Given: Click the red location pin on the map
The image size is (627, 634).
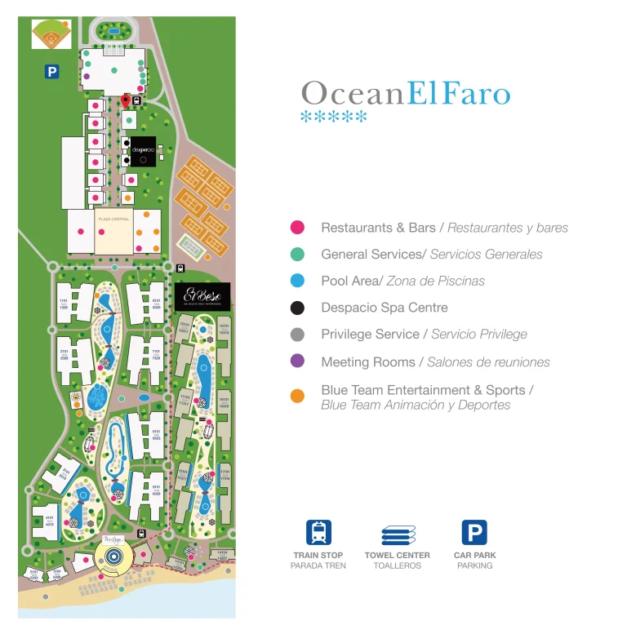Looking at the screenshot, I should (125, 100).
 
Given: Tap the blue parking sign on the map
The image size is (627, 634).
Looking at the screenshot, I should (52, 72).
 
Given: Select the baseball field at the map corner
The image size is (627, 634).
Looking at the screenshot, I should (51, 35).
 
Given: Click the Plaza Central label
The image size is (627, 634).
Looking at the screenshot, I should (113, 219).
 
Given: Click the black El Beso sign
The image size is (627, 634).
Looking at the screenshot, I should (202, 296).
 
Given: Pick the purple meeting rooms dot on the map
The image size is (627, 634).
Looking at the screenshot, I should (87, 77).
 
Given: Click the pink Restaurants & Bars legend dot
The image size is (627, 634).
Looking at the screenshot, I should (297, 228).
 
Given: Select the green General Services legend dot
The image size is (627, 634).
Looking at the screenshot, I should (297, 255).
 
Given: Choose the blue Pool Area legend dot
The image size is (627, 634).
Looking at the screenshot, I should (297, 281).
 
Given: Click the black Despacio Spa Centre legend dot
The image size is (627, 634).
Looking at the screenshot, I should (297, 308).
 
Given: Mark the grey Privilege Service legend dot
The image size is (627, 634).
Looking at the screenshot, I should (297, 335).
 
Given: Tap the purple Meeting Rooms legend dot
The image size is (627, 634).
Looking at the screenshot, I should (297, 361).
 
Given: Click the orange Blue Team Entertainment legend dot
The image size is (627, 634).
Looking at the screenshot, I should (297, 397).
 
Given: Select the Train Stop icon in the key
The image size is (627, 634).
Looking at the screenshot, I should (318, 533).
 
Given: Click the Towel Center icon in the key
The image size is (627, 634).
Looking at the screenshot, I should (398, 535).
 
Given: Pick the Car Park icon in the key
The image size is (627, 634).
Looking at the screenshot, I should (474, 533).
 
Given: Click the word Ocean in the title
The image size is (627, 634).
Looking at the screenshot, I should (352, 93).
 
